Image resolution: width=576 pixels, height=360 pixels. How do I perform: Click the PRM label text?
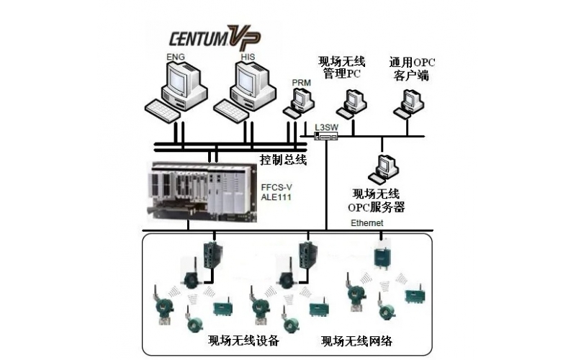point(301,83)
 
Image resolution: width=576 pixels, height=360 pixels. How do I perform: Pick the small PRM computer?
point(297,104)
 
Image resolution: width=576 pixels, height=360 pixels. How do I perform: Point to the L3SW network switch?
point(326,136)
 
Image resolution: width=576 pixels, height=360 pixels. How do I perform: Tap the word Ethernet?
point(368,224)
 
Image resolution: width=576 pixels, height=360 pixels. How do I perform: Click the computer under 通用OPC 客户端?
point(408,103)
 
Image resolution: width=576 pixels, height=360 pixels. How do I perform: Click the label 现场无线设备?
point(243,340)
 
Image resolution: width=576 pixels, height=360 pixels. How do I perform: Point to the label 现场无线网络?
point(356,340)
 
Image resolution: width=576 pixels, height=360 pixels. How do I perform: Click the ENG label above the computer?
point(175,55)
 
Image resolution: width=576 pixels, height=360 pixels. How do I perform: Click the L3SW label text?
point(326,127)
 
